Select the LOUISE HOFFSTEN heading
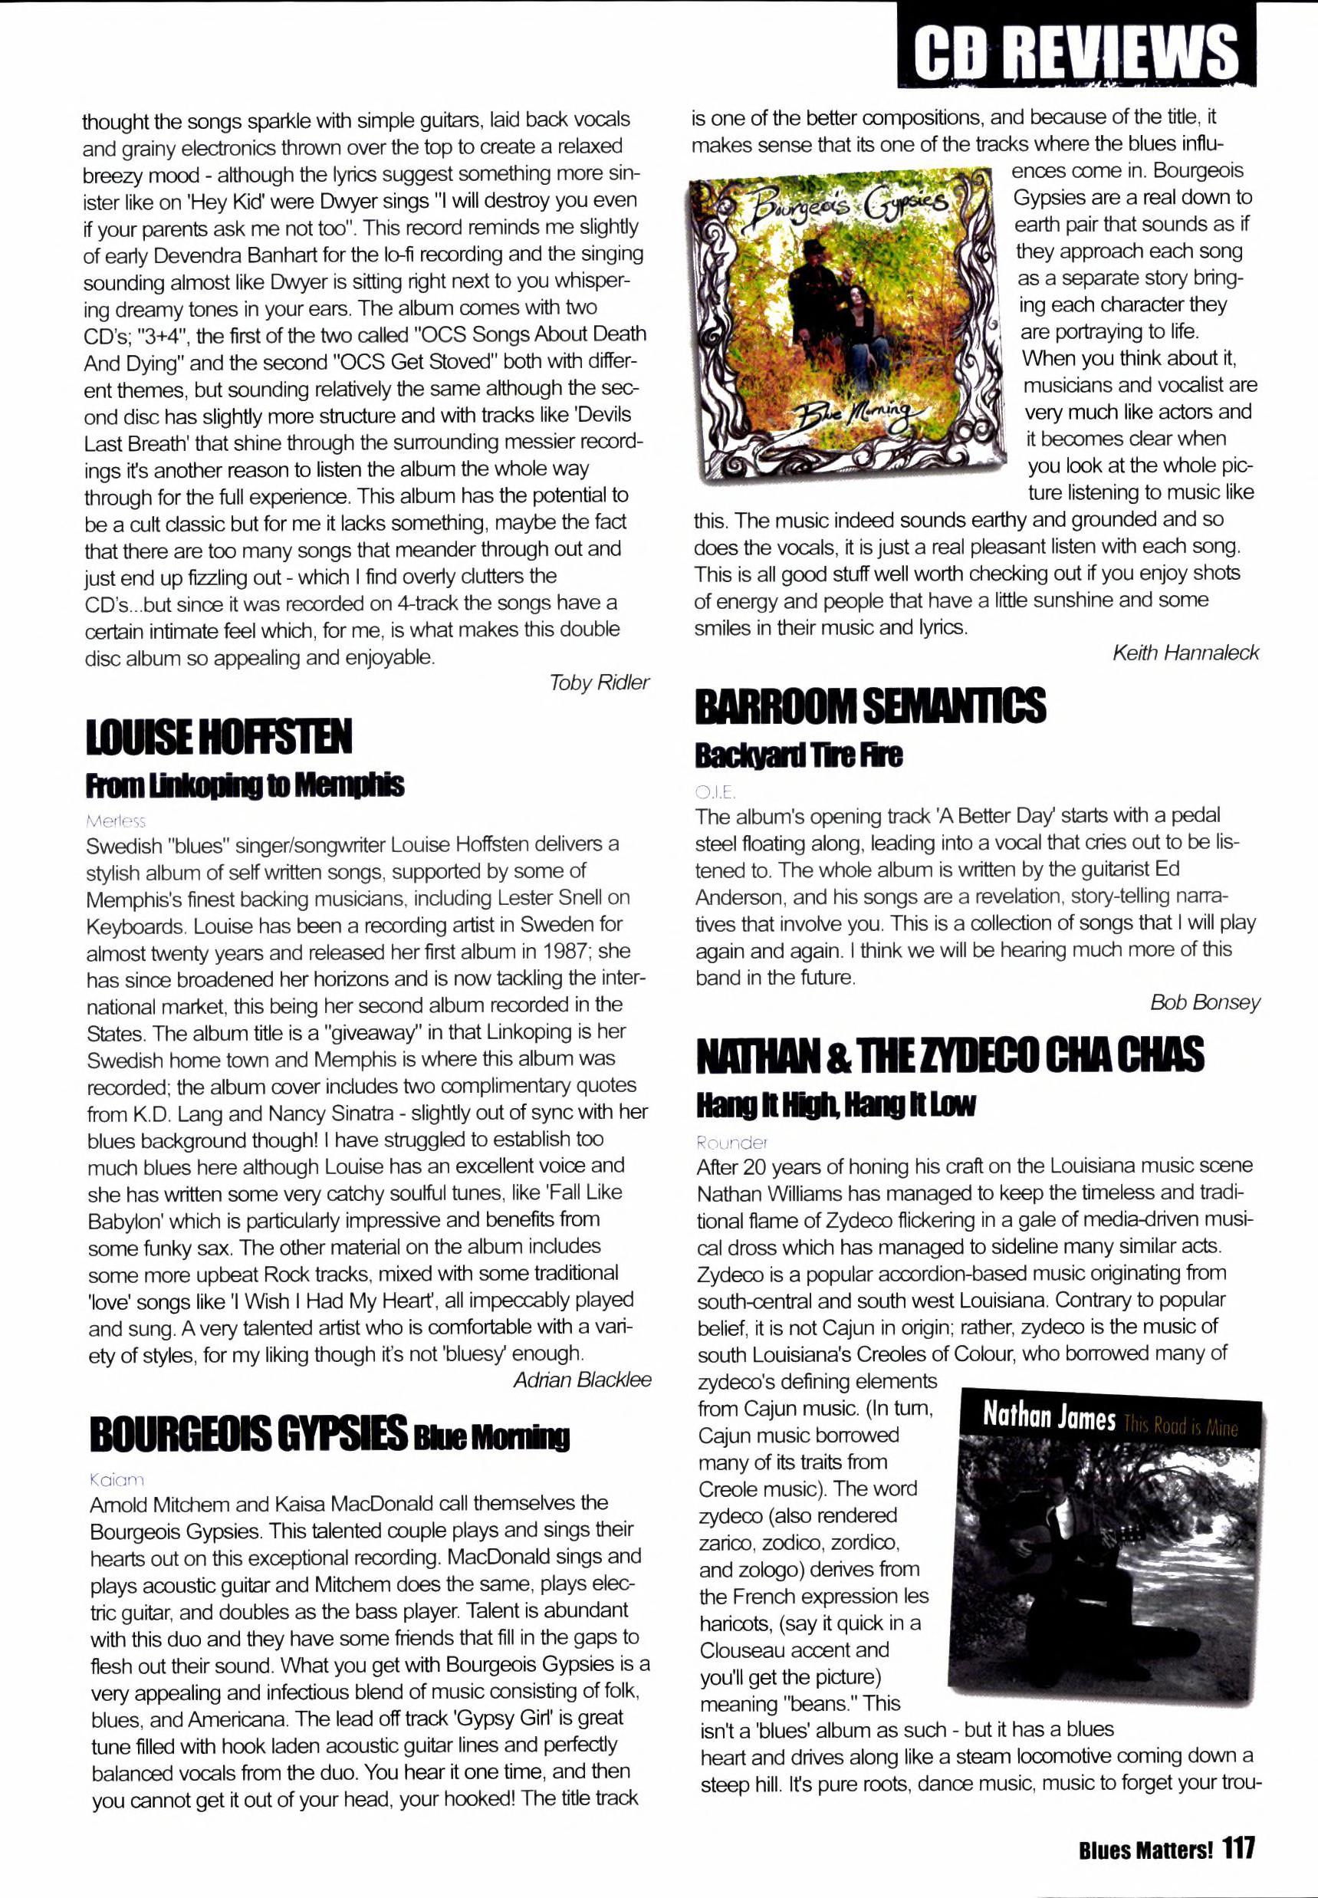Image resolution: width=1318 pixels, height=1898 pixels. (x=219, y=737)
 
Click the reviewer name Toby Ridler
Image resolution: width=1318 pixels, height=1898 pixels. (x=599, y=683)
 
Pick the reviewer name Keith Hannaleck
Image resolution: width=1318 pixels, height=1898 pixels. (x=1185, y=653)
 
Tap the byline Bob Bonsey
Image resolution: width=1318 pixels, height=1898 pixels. (x=1205, y=1002)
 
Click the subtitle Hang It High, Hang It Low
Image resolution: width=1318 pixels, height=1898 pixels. (x=835, y=1104)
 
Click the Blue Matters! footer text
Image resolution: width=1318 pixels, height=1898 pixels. (x=1145, y=1848)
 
